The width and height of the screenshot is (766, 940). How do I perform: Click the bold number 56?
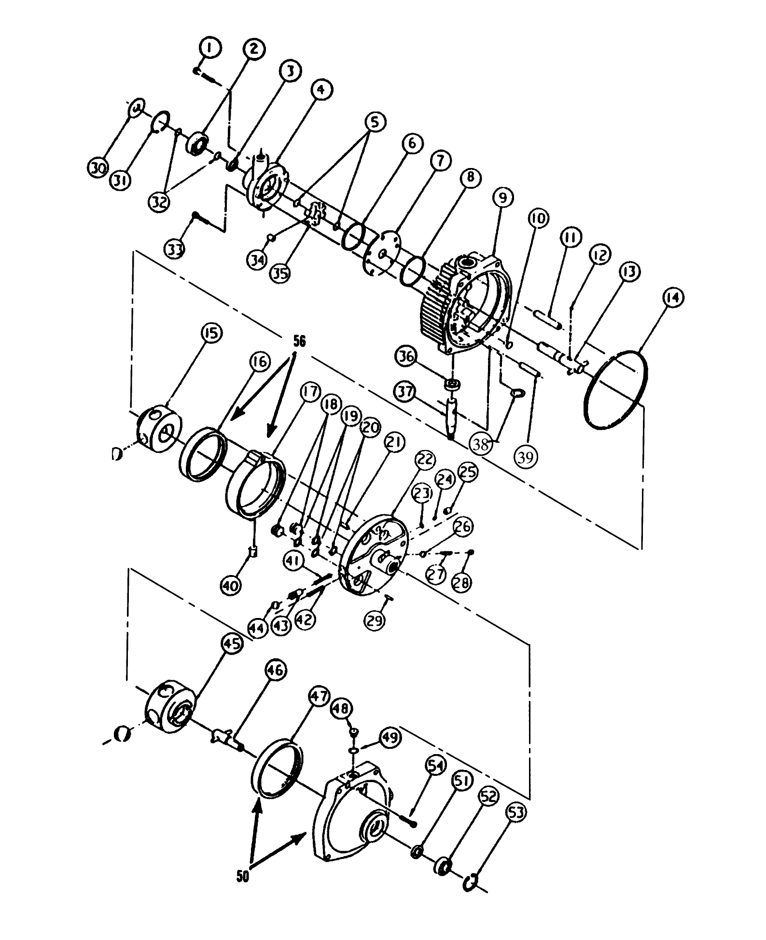point(300,341)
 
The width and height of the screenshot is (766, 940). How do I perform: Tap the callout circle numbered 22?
point(424,460)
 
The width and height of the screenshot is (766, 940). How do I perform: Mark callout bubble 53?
point(516,813)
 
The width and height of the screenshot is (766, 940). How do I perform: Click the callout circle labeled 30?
point(98,168)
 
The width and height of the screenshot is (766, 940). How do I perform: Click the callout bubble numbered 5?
point(375,122)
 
